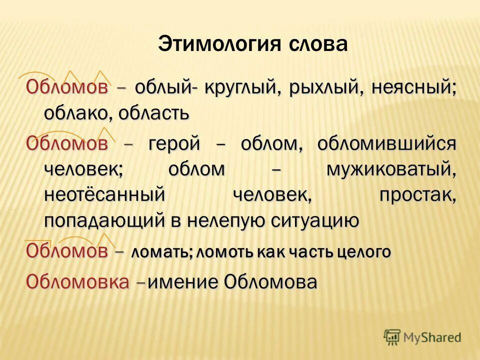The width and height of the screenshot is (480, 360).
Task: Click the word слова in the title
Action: click(317, 44)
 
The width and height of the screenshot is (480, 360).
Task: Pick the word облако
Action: click(77, 112)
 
